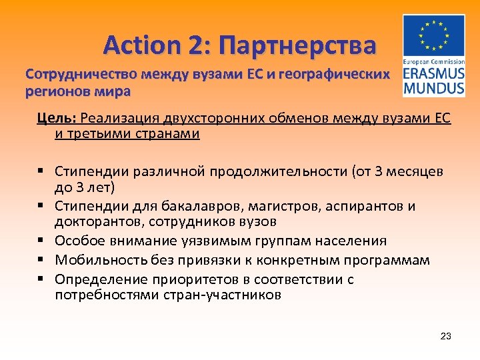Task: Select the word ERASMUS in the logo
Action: pyautogui.click(x=434, y=73)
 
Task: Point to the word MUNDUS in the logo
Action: pyautogui.click(x=434, y=87)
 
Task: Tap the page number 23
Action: pyautogui.click(x=446, y=336)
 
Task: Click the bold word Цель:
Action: pyautogui.click(x=58, y=119)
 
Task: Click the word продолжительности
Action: pyautogui.click(x=274, y=171)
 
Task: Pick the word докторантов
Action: pyautogui.click(x=91, y=221)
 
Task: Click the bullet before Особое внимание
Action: pyautogui.click(x=41, y=241)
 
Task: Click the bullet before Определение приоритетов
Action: pyautogui.click(x=41, y=279)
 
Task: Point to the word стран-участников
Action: pyautogui.click(x=227, y=295)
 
